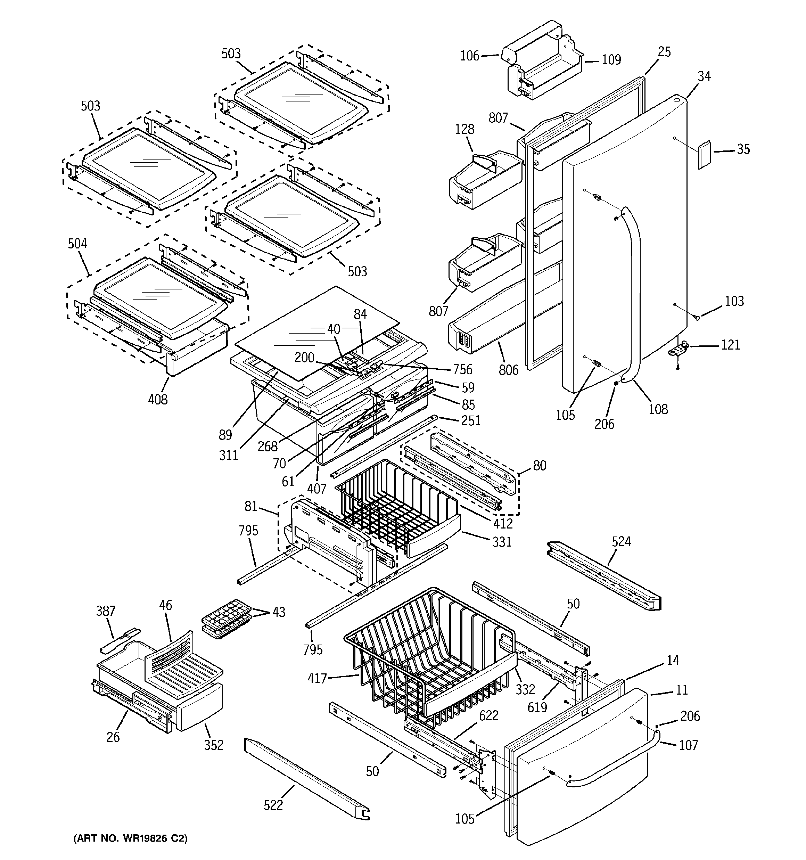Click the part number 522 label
click(273, 805)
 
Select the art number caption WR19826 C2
click(130, 839)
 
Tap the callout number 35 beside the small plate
click(743, 149)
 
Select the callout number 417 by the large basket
click(317, 678)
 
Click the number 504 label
click(77, 244)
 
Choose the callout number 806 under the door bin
click(508, 370)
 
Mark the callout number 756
click(462, 369)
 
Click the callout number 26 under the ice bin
click(113, 737)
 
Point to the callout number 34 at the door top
click(704, 76)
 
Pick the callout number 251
click(471, 420)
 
